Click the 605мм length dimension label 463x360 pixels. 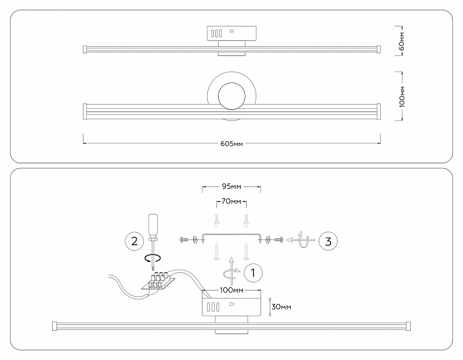point(231,144)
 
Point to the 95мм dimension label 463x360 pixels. point(231,186)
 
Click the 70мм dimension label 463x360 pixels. point(231,202)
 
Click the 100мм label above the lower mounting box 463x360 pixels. point(231,290)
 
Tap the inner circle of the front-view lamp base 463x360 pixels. point(231,97)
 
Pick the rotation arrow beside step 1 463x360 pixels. point(232,269)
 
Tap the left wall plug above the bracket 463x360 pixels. point(216,220)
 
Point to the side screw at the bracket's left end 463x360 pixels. point(184,239)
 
